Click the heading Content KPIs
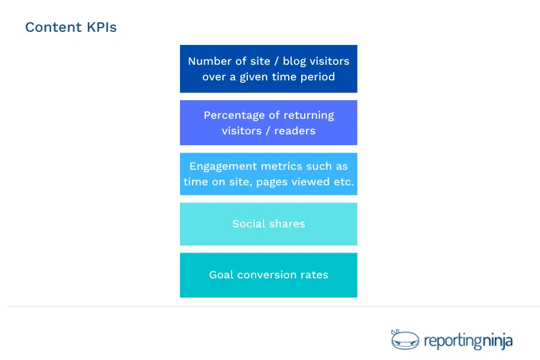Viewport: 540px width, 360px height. point(71,28)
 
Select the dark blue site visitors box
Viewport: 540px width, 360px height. point(268,69)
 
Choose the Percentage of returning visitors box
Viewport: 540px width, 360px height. point(268,122)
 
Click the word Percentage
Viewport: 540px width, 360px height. point(235,115)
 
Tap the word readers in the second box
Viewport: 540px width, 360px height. point(295,130)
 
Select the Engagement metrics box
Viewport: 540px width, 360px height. point(268,174)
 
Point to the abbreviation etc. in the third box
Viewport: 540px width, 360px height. point(343,182)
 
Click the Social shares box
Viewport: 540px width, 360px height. point(268,224)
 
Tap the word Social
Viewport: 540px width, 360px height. point(250,224)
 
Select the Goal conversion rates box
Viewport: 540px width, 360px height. point(268,275)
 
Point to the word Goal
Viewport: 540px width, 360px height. point(221,275)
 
